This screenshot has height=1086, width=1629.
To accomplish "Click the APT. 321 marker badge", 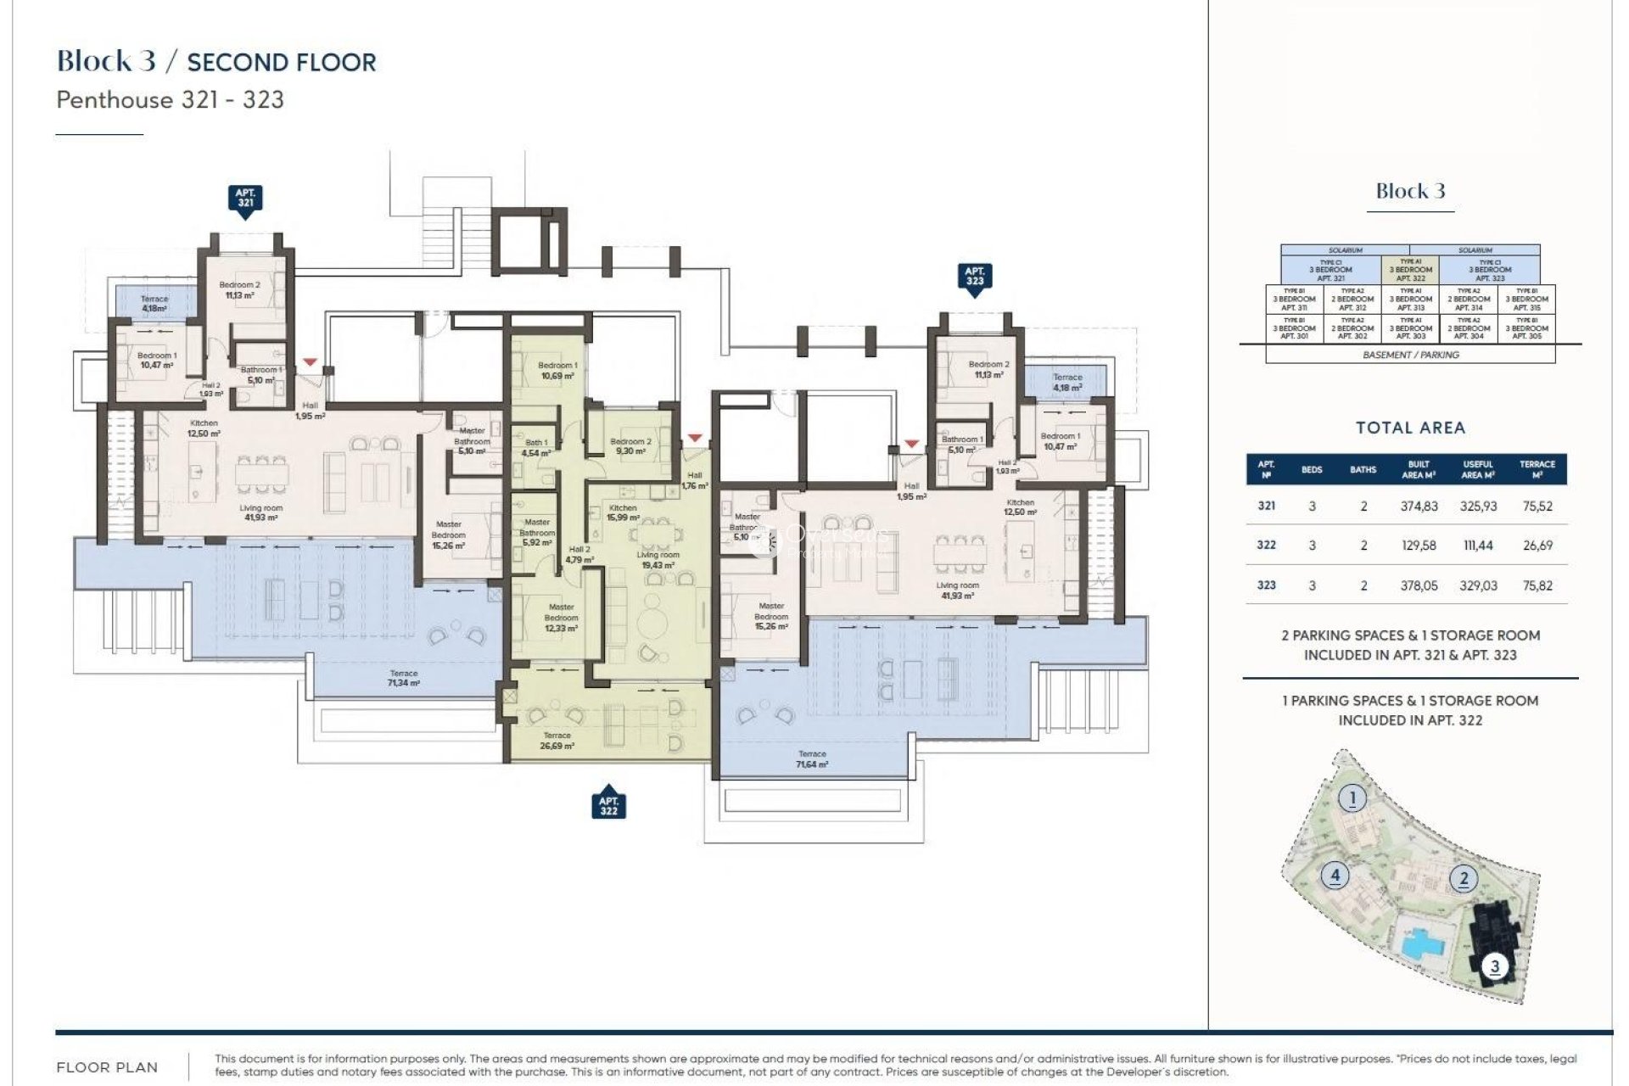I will [x=245, y=199].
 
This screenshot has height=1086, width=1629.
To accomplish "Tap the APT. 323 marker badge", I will [x=974, y=277].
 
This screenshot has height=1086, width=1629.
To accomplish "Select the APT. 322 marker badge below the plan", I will [x=608, y=805].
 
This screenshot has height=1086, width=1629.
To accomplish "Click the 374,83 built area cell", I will [x=1419, y=507].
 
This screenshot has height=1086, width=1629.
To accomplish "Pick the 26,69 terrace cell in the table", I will [x=1537, y=546].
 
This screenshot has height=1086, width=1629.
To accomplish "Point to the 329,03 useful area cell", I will [x=1478, y=585].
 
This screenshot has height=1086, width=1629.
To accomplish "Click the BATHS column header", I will [x=1363, y=469].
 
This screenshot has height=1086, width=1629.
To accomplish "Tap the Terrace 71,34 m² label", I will [x=403, y=678].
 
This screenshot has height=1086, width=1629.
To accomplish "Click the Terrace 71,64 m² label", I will [x=812, y=759].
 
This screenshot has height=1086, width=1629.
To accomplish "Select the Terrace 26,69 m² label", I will [x=557, y=741].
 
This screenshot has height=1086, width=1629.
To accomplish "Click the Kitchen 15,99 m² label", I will [x=623, y=512].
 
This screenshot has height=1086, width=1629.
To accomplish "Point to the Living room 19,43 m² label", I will [x=658, y=560].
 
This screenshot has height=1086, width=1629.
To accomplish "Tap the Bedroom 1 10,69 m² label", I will [x=557, y=371].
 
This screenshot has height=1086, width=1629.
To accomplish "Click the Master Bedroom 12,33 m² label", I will [x=561, y=618].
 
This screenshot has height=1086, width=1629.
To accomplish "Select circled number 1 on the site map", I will [x=1352, y=798].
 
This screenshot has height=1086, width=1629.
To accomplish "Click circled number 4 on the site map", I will [x=1335, y=875].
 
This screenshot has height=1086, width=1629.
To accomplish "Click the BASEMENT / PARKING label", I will [x=1410, y=355].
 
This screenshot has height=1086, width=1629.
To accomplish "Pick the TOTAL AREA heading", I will [x=1410, y=428].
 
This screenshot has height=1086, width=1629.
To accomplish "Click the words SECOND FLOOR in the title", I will [x=281, y=63].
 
